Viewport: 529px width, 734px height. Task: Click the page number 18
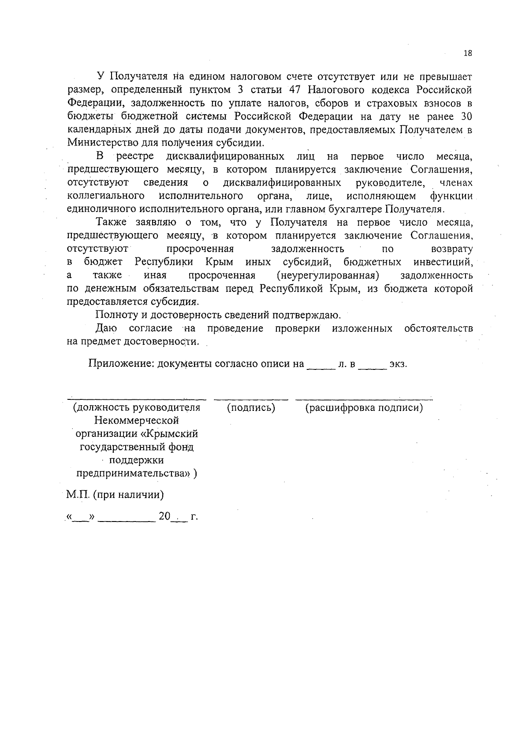pyautogui.click(x=468, y=53)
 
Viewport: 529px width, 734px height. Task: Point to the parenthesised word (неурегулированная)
pyautogui.click(x=328, y=276)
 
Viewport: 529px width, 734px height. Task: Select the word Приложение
pyautogui.click(x=120, y=364)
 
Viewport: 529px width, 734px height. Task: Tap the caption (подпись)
pyautogui.click(x=251, y=408)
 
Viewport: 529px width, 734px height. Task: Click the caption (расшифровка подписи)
pyautogui.click(x=364, y=408)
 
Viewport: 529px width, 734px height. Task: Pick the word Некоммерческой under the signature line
pyautogui.click(x=137, y=421)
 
